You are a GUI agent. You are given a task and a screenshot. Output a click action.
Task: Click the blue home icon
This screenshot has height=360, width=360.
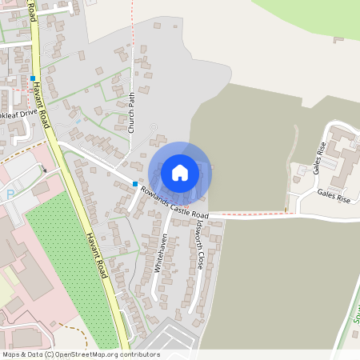pyautogui.click(x=180, y=172)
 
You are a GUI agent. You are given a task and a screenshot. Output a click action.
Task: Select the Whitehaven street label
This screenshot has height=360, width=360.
pyautogui.click(x=162, y=253)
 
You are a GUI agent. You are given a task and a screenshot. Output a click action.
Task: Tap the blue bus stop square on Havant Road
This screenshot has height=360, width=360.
pyautogui.click(x=33, y=78)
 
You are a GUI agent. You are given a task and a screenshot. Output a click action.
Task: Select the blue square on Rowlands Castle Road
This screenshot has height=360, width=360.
pyautogui.click(x=134, y=184)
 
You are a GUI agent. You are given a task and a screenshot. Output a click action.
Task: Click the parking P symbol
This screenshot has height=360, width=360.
pyautogui.click(x=10, y=194)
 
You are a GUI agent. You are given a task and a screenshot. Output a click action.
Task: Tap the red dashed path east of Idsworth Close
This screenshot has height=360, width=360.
pyautogui.click(x=256, y=214)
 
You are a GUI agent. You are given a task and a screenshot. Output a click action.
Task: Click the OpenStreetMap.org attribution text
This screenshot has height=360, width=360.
pyautogui.click(x=104, y=354)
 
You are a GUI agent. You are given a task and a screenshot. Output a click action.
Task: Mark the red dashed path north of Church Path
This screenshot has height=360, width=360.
pyautogui.click(x=131, y=32)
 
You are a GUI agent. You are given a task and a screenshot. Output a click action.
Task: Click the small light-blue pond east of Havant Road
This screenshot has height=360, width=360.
pyautogui.click(x=81, y=121)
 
